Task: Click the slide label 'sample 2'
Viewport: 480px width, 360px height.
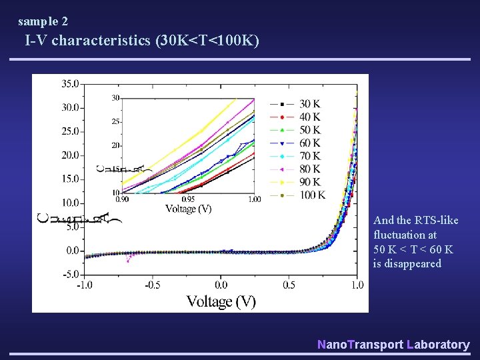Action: [x=43, y=21]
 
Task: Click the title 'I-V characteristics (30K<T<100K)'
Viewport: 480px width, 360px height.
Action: [x=142, y=41]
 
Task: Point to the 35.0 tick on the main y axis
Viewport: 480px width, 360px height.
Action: [x=69, y=84]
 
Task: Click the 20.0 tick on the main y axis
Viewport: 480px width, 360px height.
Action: [x=69, y=155]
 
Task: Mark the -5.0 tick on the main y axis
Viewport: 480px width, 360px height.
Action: [x=70, y=274]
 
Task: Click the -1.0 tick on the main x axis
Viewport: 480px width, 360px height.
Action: [x=84, y=285]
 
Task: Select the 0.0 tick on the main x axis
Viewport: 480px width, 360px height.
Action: [x=221, y=285]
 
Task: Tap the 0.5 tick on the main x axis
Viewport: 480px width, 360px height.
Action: [x=289, y=285]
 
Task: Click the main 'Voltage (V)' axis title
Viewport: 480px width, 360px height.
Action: [x=221, y=301]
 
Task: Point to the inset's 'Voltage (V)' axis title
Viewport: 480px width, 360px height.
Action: [x=189, y=209]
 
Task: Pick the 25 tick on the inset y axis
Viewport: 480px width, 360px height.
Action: [x=115, y=122]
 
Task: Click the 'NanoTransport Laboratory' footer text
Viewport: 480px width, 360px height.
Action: [x=393, y=345]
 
